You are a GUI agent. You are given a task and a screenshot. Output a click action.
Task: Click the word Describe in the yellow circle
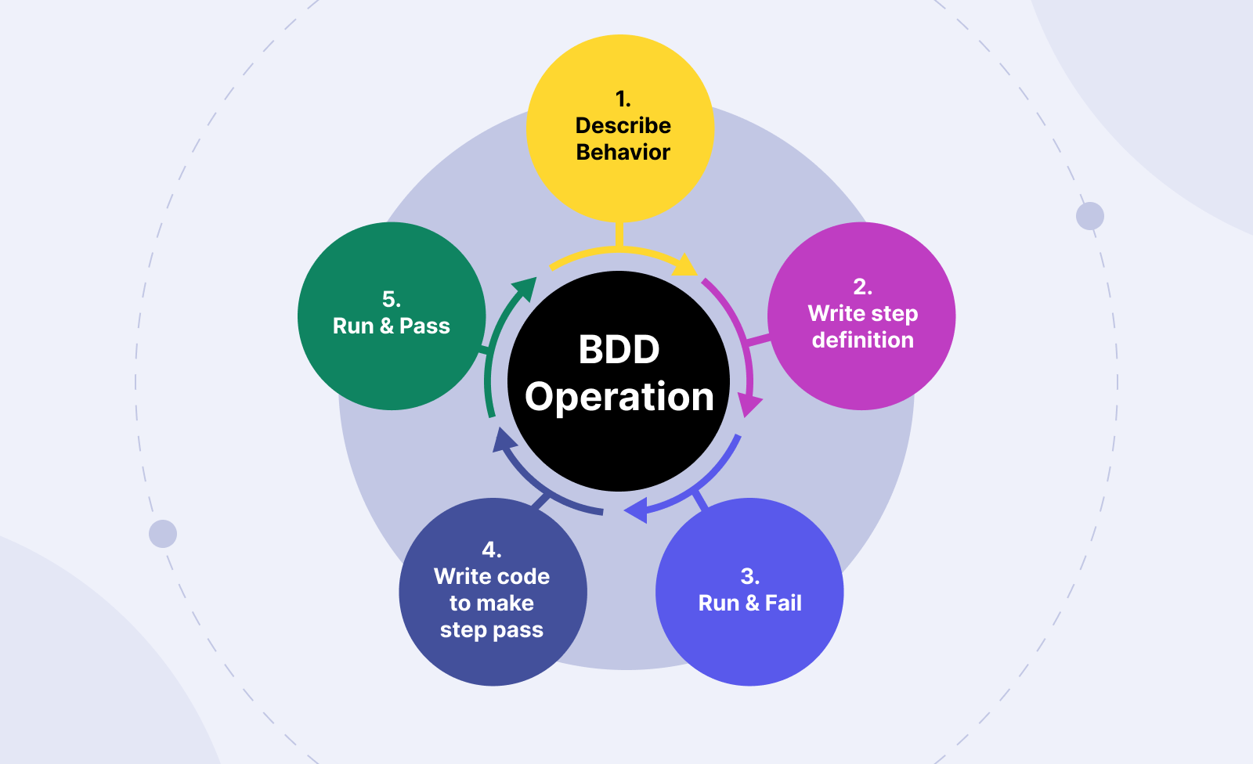pos(623,125)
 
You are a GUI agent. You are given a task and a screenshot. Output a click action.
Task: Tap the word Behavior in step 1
pos(623,152)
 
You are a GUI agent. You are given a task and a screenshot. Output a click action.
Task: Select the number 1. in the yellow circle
pos(623,99)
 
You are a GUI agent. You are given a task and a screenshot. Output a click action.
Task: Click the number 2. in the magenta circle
pos(862,286)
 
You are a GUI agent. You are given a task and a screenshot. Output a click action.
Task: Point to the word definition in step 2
pos(862,340)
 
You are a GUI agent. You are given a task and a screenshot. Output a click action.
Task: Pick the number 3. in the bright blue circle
pos(749,576)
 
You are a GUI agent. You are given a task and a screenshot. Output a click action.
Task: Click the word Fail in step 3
pos(783,603)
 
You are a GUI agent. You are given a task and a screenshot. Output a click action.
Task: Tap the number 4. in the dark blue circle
pos(491,550)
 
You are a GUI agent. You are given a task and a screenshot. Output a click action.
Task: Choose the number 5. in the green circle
pos(391,299)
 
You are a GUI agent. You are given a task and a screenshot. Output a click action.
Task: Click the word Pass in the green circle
pos(424,326)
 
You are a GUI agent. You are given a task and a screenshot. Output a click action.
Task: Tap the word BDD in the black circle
pos(619,349)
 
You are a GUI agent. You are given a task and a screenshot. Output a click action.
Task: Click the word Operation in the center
pos(619,397)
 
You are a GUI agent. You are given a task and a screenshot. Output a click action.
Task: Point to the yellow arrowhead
pos(686,266)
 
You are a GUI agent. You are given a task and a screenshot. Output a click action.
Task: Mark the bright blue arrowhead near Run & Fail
pos(635,511)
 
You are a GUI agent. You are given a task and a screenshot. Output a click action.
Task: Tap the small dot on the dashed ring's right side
pos(1090,216)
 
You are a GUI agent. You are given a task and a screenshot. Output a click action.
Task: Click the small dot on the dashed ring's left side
pos(163,534)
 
